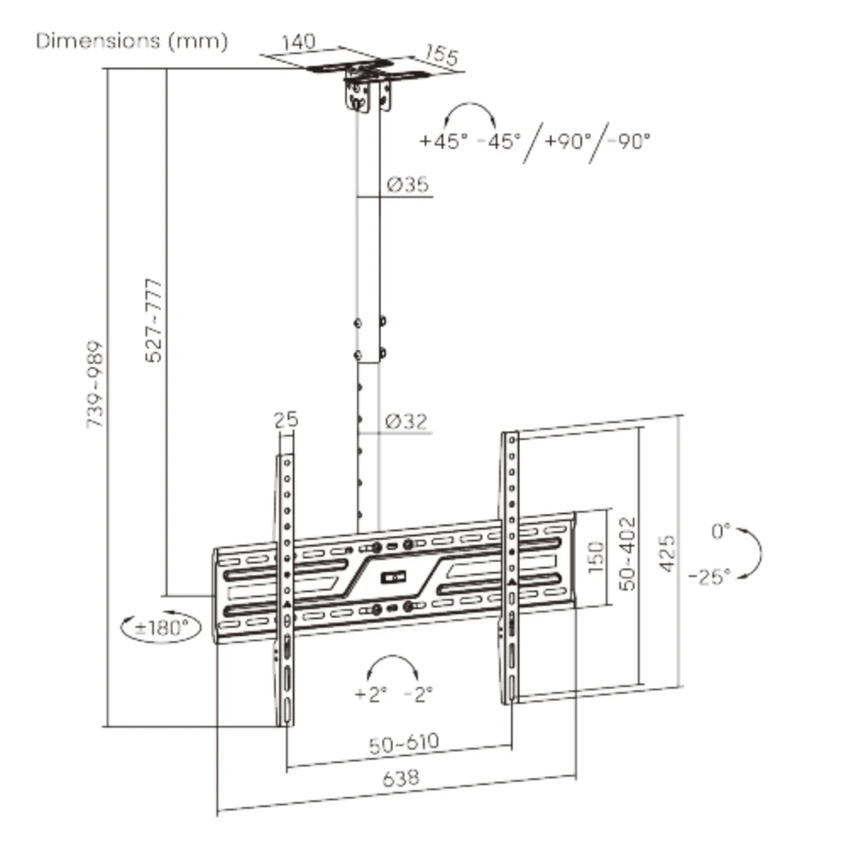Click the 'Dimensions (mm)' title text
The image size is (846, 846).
click(132, 41)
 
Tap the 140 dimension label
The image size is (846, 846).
click(299, 42)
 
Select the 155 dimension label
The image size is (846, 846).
click(442, 55)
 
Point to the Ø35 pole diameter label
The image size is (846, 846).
click(408, 184)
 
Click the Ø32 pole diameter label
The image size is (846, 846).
click(407, 420)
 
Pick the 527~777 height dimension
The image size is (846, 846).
click(154, 321)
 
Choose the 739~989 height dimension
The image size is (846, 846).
click(95, 384)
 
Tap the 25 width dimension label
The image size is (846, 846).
click(286, 420)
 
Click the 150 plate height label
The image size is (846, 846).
click(596, 557)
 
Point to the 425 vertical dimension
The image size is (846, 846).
click(667, 553)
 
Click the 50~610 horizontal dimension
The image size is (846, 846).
click(404, 744)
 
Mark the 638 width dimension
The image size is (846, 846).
click(401, 778)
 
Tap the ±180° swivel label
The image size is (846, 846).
click(162, 628)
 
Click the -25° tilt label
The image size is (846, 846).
click(710, 577)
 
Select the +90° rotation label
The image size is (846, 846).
click(569, 140)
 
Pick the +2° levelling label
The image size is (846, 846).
click(371, 694)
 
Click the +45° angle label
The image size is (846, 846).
click(443, 141)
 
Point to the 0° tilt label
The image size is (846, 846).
click(721, 531)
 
